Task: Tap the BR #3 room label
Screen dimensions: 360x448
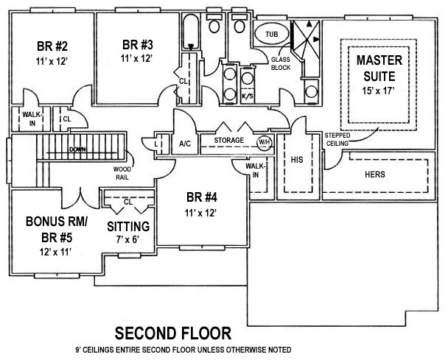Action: click(x=138, y=43)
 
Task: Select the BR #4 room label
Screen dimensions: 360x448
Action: click(x=200, y=197)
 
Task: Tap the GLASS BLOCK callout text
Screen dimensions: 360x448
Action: click(x=281, y=64)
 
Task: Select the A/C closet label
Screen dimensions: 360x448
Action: click(x=185, y=144)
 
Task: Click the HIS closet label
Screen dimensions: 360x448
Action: click(x=298, y=159)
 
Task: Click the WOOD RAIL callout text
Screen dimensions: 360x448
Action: click(x=122, y=173)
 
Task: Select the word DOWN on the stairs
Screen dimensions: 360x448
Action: click(x=77, y=149)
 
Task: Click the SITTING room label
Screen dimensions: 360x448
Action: click(x=129, y=226)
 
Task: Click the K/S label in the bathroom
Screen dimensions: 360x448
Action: click(x=248, y=96)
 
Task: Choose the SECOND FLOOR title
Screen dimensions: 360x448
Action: click(x=173, y=332)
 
